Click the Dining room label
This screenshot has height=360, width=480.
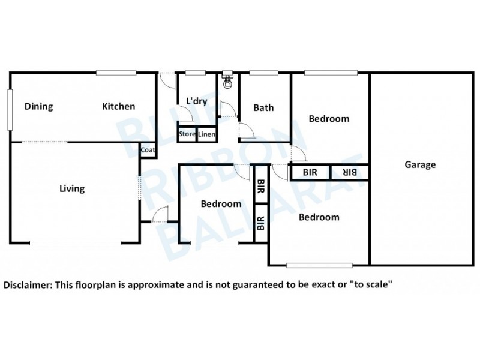click(x=39, y=107)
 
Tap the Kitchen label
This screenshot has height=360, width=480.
click(x=118, y=107)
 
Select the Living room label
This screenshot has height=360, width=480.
click(x=72, y=189)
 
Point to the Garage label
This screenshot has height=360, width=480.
click(x=420, y=165)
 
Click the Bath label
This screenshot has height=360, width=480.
click(x=263, y=108)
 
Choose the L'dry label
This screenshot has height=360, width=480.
click(x=196, y=101)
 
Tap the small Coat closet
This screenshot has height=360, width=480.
click(x=148, y=151)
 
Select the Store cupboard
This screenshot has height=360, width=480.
click(x=187, y=134)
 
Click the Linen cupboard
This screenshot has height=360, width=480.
click(x=207, y=134)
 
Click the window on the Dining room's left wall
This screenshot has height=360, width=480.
click(x=10, y=109)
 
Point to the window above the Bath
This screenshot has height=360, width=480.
click(x=263, y=73)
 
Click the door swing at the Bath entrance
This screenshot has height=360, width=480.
click(x=246, y=131)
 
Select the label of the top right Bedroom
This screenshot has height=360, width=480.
click(x=329, y=119)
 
